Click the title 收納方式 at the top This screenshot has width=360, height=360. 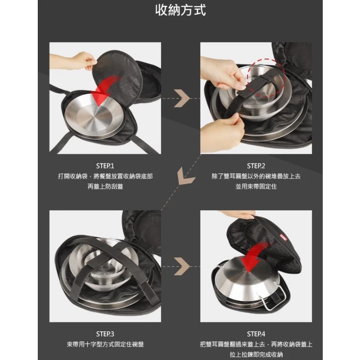181,10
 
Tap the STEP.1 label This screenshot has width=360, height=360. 105,166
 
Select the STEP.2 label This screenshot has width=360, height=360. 256,166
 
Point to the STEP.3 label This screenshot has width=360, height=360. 105,334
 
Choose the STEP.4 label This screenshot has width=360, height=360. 256,334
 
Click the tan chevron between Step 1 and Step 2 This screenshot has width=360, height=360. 182,98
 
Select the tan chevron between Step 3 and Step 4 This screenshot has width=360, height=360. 182,266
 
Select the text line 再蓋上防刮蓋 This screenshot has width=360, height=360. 105,186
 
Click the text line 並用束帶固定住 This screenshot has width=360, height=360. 256,186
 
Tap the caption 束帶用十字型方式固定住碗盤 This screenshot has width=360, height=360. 105,344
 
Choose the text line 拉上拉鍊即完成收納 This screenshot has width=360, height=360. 256,354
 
